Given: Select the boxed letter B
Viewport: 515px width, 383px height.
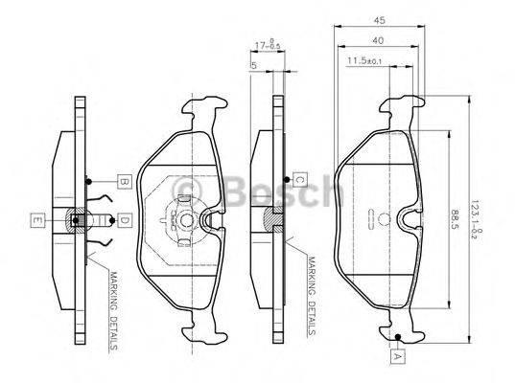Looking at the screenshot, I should [x=124, y=180].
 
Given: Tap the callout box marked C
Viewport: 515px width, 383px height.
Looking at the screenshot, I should [x=298, y=179].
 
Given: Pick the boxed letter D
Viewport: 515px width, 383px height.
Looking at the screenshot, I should [x=124, y=221].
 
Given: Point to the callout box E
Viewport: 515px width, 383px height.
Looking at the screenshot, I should [x=36, y=221].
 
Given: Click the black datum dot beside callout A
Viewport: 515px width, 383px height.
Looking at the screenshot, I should [x=395, y=336].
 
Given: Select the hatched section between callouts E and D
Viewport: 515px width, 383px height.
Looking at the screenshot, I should [x=77, y=221].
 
